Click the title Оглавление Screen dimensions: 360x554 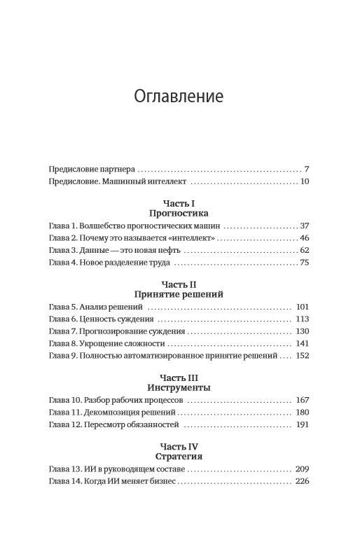(179, 95)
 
